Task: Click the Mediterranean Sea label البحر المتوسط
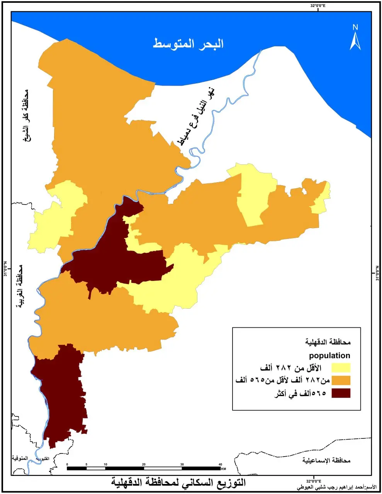coord(188,43)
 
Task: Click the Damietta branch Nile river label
coord(197,116)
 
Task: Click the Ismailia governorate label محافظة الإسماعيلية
coord(326,460)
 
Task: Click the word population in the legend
coord(329,355)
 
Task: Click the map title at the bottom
coord(178,483)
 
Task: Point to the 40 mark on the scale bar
coord(220,464)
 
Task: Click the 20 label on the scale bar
coord(144,464)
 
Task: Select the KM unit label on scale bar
coord(224,469)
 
